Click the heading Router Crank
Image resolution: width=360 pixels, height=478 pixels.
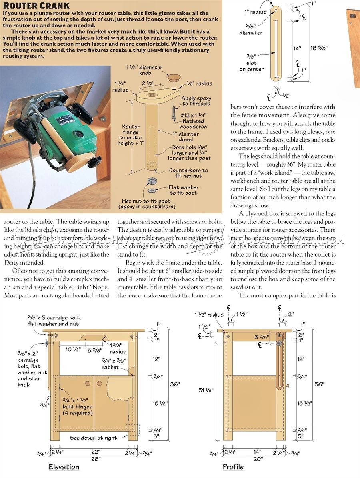coord(36,6)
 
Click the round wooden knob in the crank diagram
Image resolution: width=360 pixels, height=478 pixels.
coord(173,77)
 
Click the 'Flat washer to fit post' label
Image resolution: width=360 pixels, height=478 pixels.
coord(183,190)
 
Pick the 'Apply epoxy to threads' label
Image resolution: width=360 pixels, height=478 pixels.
coord(196,101)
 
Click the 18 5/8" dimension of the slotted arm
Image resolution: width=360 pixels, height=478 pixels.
coord(319,47)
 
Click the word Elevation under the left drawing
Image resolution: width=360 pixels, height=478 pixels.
coord(64,467)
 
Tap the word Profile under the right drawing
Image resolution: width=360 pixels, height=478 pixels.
coord(233,467)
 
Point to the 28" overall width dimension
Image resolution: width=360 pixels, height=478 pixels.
coord(95,459)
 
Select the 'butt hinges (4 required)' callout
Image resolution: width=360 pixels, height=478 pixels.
coord(77,406)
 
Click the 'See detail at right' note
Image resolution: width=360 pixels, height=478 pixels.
coord(94,438)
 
